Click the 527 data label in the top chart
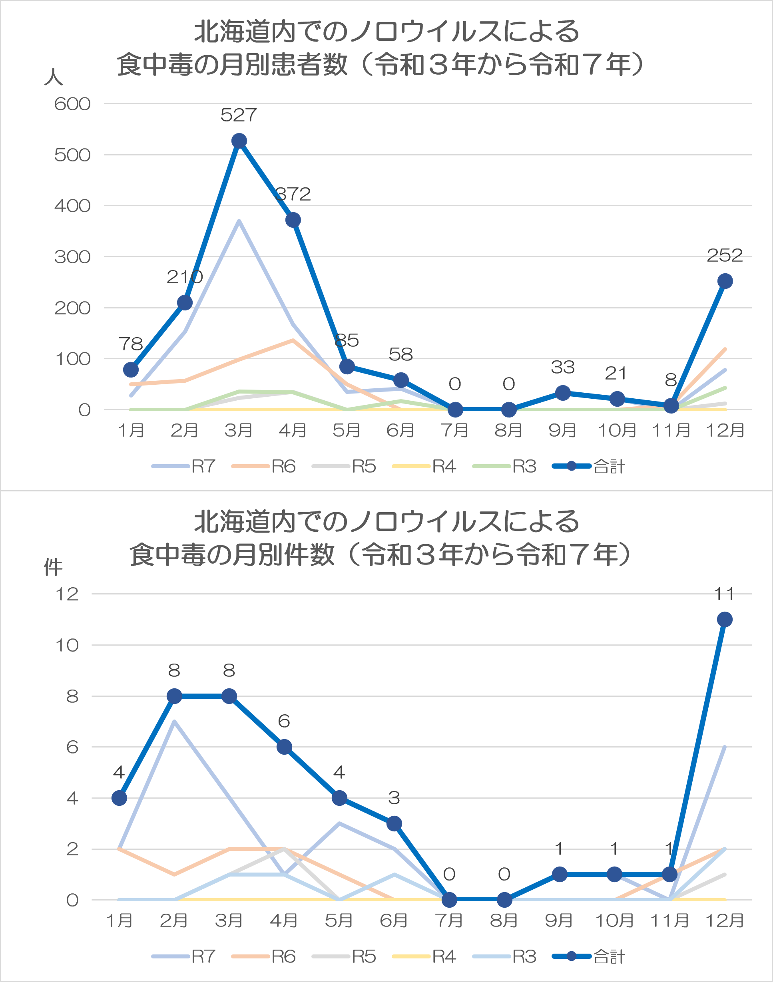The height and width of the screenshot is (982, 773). (239, 115)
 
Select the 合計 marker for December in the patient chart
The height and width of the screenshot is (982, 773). (725, 281)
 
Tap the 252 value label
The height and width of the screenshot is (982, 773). (725, 256)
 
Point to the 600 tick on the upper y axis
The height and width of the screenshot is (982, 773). (72, 104)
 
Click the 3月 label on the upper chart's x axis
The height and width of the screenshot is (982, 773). (239, 430)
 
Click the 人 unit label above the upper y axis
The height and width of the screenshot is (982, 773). (54, 77)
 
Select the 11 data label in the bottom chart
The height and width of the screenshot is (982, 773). (724, 593)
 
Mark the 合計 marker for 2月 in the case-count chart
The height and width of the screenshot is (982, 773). (174, 696)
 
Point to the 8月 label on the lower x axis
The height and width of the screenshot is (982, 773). (504, 920)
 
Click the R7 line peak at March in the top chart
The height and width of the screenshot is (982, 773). (239, 221)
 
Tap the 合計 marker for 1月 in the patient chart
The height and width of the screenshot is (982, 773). (131, 370)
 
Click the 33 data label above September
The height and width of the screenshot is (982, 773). (562, 367)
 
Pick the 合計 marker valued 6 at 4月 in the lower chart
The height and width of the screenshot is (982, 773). (284, 747)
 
